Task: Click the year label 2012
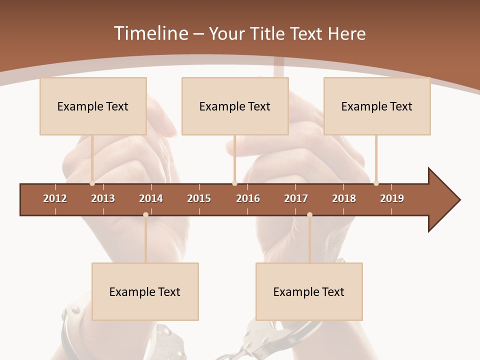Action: pyautogui.click(x=55, y=198)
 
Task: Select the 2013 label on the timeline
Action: pyautogui.click(x=103, y=198)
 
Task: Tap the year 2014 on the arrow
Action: pyautogui.click(x=151, y=198)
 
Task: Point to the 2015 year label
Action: pyautogui.click(x=199, y=198)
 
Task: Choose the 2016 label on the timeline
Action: pyautogui.click(x=248, y=198)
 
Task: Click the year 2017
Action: pyautogui.click(x=296, y=198)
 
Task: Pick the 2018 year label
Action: pyautogui.click(x=344, y=198)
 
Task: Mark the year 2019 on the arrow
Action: pyautogui.click(x=392, y=198)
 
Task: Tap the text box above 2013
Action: pyautogui.click(x=93, y=106)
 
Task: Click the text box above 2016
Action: pyautogui.click(x=235, y=106)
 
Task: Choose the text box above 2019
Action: pyautogui.click(x=377, y=106)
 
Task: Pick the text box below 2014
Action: pyautogui.click(x=145, y=291)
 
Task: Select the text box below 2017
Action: pyautogui.click(x=309, y=291)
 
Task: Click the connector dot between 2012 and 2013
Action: pyautogui.click(x=92, y=183)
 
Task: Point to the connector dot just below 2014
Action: pyautogui.click(x=145, y=214)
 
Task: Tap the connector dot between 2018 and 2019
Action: pyautogui.click(x=376, y=183)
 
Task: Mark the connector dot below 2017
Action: pyautogui.click(x=309, y=214)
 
